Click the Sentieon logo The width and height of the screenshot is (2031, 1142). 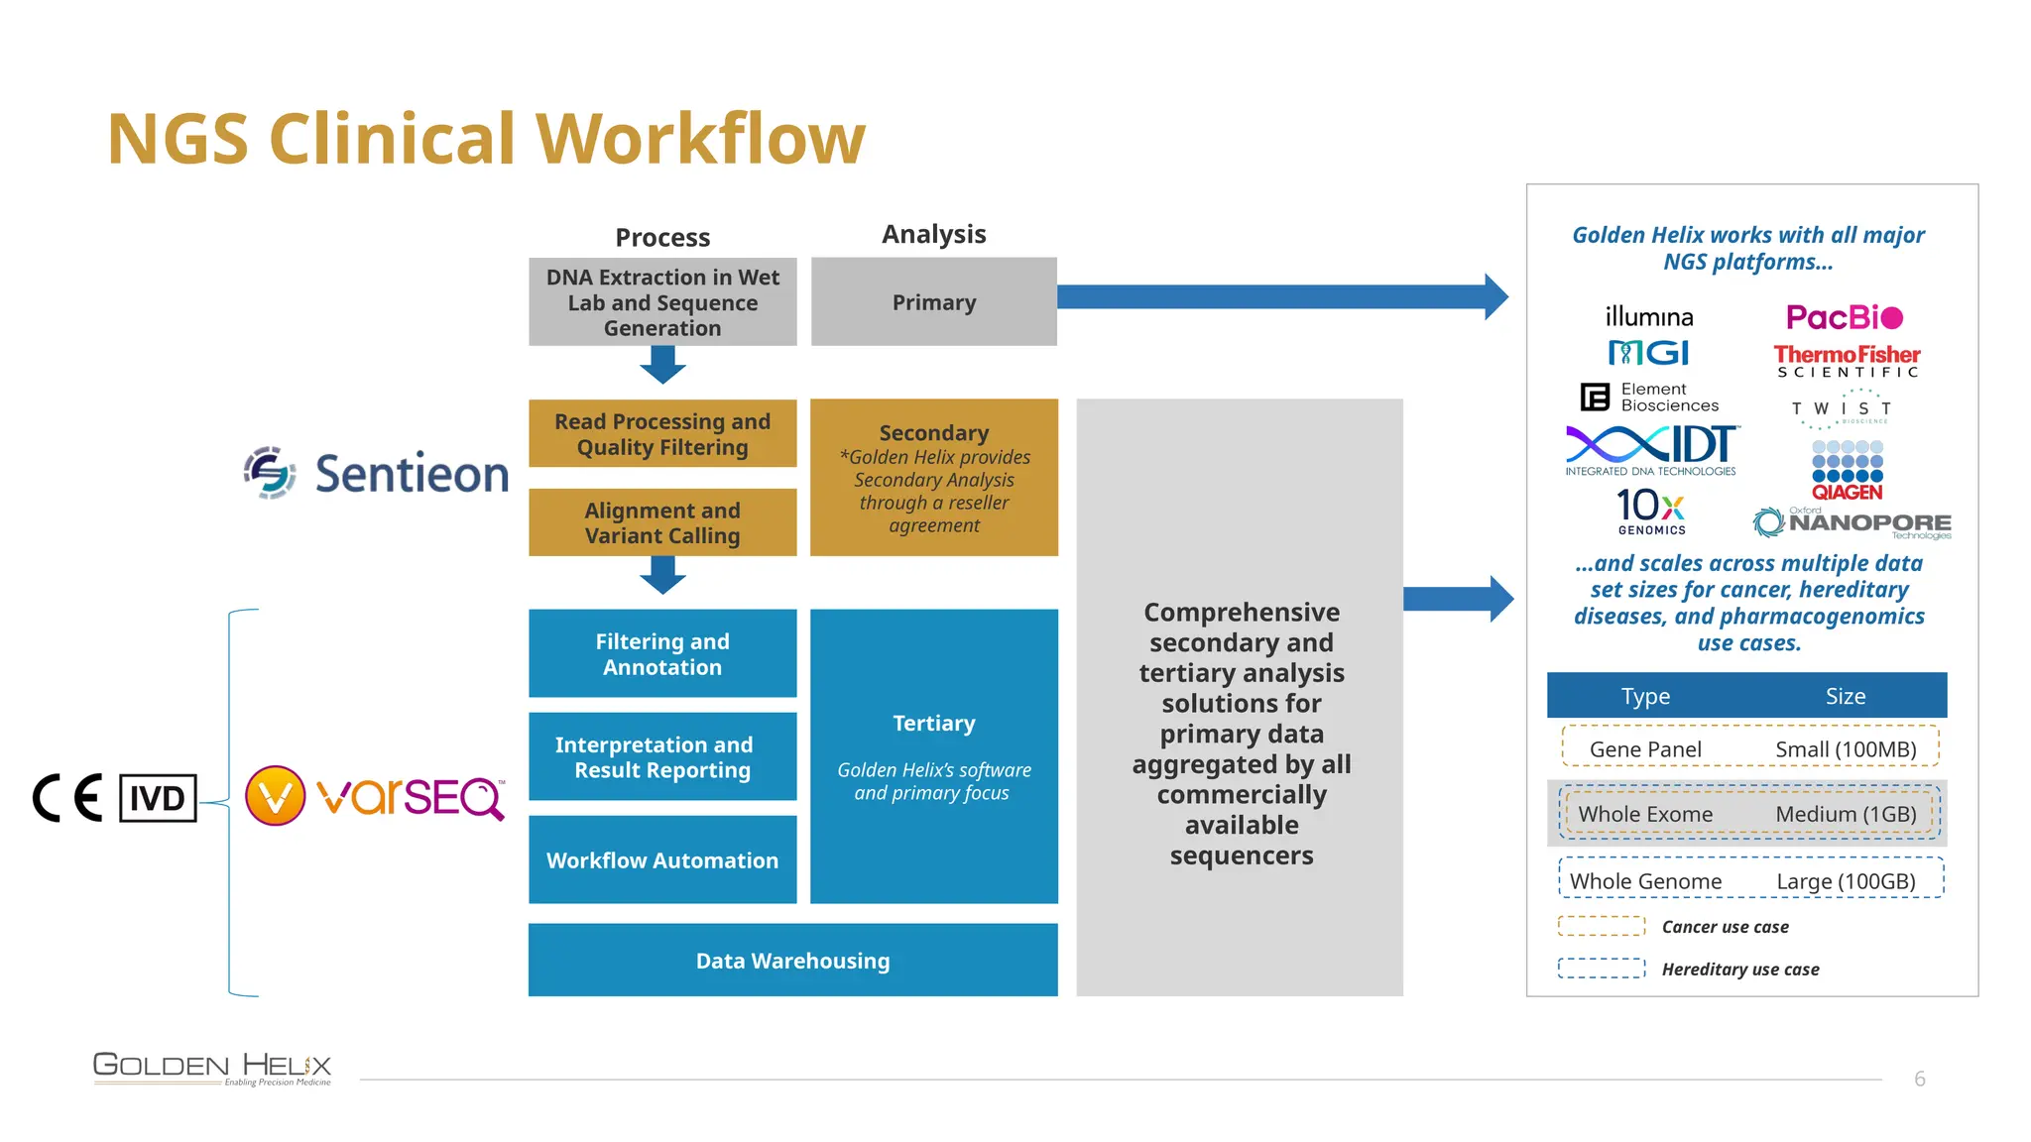tap(377, 473)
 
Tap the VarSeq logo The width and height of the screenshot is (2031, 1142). tap(375, 796)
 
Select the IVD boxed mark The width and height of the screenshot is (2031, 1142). tap(158, 798)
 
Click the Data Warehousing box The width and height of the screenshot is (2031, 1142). tap(792, 960)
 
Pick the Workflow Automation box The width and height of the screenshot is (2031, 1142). tap(662, 859)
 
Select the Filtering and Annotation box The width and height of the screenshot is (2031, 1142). tap(662, 653)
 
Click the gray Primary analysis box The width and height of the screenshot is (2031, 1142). tap(933, 302)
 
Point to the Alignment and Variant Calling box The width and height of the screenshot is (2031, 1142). tap(662, 522)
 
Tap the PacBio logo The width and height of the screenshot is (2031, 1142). tap(1844, 317)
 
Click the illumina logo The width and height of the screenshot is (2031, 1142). tap(1649, 317)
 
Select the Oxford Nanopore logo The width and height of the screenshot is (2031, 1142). tap(1852, 522)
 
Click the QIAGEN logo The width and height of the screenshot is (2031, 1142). tap(1847, 472)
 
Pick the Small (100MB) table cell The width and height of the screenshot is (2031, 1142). tap(1845, 749)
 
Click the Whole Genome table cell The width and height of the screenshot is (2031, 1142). tap(1645, 881)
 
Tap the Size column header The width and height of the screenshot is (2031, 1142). tap(1845, 696)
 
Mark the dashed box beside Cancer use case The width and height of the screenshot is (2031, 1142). tap(1601, 926)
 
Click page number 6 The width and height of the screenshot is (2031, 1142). tap(1919, 1079)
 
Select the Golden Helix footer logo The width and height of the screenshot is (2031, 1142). tap(212, 1068)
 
